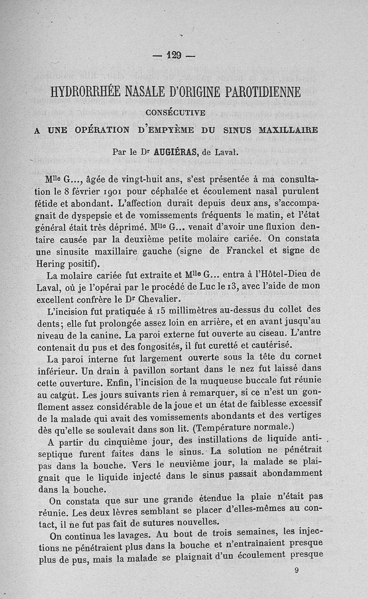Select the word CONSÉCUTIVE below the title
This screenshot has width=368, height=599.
(175, 111)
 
